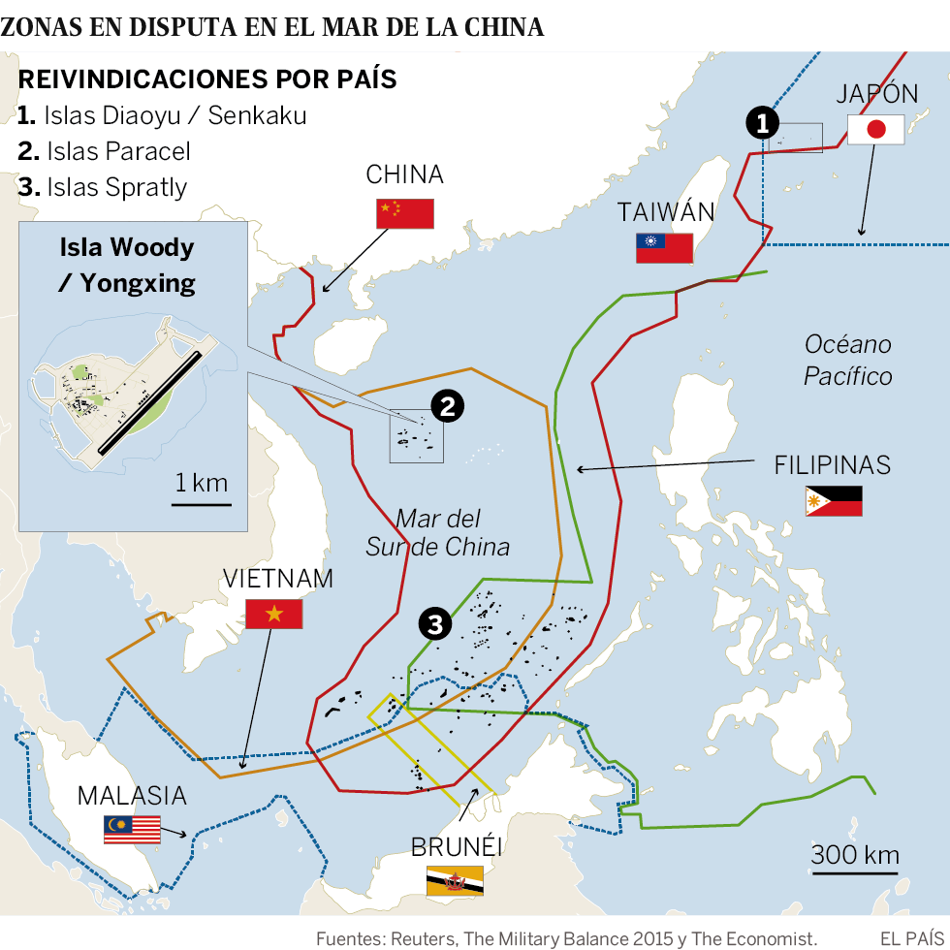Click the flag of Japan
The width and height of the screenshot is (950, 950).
875,130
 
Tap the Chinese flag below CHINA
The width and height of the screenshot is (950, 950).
404,213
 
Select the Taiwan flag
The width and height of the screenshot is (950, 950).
664,248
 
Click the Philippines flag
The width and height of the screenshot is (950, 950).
833,501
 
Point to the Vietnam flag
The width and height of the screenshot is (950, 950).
273,614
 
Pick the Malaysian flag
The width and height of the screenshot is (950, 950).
132,830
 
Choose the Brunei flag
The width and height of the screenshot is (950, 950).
455,880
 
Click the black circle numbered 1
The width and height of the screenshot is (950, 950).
763,123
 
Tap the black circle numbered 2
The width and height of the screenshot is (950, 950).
446,407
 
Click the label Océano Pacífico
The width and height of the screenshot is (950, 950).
847,360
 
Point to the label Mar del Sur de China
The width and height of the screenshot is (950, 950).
437,532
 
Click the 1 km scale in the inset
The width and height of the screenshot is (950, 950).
202,488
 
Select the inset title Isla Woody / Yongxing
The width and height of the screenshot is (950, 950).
127,264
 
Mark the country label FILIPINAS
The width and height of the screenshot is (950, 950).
832,464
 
